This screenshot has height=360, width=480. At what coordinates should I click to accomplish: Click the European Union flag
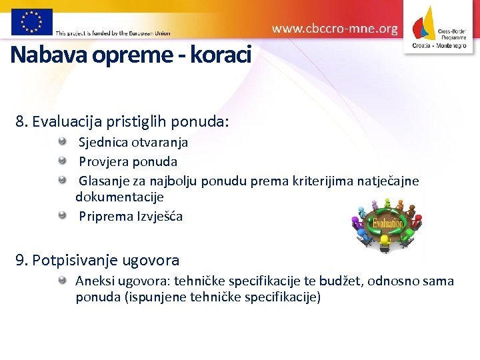[31, 21]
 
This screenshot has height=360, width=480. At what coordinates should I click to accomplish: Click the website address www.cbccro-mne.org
[335, 29]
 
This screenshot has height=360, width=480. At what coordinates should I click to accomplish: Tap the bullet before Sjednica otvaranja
[62, 141]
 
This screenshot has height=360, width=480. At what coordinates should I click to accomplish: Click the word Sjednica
[103, 143]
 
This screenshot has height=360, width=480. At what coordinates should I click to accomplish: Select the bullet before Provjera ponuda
[62, 160]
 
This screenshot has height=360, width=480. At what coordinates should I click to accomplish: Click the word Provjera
[104, 161]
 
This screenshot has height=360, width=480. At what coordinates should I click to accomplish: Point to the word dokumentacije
[119, 197]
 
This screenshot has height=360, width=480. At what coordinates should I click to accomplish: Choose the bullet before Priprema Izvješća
[62, 215]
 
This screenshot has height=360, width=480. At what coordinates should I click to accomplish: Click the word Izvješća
[160, 217]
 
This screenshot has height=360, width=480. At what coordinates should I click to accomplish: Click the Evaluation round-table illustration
[387, 224]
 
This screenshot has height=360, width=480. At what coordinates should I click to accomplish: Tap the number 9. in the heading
[22, 260]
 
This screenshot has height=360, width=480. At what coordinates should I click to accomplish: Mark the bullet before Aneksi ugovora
[62, 280]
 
